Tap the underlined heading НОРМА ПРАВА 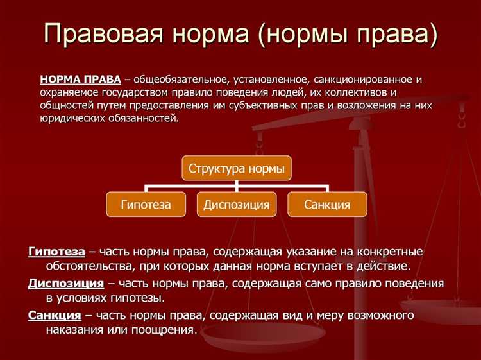[x=80, y=80]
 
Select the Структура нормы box [x=236, y=169]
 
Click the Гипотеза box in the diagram [x=146, y=205]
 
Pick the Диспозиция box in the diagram [x=237, y=205]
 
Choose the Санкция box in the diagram [x=327, y=205]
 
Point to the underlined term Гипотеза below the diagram [x=56, y=252]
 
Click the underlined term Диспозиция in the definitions [x=66, y=283]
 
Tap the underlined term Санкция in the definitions [x=55, y=315]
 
